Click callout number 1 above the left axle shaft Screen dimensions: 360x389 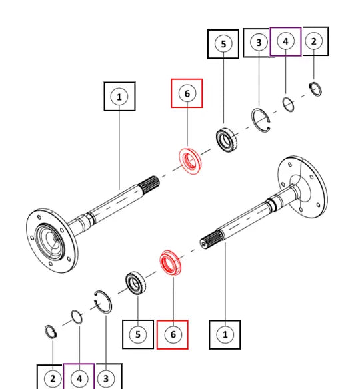click(119, 97)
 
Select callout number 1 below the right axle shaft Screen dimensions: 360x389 click(225, 334)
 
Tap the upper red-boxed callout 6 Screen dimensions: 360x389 click(187, 93)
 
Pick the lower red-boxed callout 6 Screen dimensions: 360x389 click(173, 334)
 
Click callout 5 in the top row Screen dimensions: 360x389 click(223, 44)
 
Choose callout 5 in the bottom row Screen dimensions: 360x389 click(138, 334)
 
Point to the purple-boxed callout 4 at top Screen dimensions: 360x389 click(285, 41)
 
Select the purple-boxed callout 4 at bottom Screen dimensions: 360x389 click(79, 378)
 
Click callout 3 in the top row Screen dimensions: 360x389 click(259, 43)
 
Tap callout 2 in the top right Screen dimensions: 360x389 click(313, 41)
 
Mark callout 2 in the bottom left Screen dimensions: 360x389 click(53, 378)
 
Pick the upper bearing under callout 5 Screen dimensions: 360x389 click(227, 139)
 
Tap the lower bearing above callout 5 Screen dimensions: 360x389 click(135, 284)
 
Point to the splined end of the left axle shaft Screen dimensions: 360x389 click(149, 185)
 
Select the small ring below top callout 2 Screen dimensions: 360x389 click(315, 89)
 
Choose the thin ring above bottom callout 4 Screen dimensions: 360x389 click(77, 317)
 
